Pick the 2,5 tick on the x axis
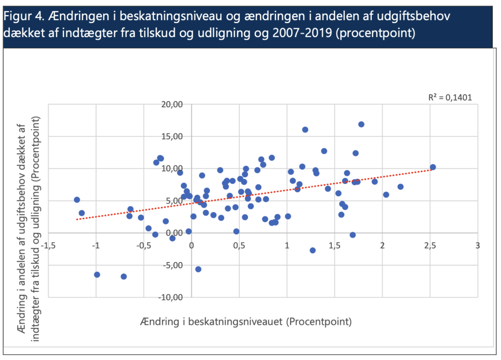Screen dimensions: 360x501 (430, 244)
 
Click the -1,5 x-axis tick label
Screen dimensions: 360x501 (49, 244)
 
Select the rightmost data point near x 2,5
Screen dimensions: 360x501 (433, 167)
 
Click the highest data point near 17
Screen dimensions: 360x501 (361, 124)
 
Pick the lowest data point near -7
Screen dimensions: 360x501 (124, 276)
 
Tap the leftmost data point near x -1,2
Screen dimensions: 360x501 (77, 200)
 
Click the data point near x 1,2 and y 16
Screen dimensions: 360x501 (305, 130)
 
